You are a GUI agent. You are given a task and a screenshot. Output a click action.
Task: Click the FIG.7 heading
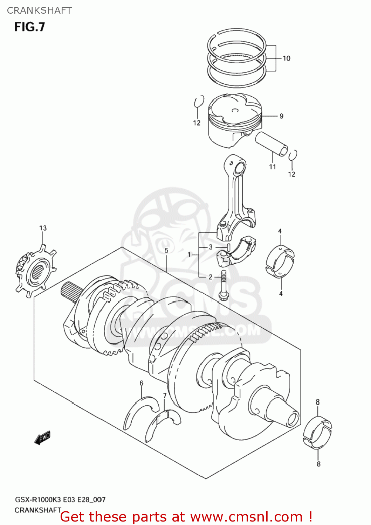pos(30,27)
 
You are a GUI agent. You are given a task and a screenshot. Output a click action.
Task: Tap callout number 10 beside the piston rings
pos(287,58)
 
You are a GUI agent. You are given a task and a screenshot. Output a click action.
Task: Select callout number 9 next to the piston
pos(281,116)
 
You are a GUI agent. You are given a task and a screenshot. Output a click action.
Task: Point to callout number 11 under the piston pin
pos(273,167)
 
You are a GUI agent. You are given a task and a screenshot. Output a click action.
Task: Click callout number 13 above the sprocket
pos(43,228)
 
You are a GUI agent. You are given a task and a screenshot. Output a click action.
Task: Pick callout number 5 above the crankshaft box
pos(166,250)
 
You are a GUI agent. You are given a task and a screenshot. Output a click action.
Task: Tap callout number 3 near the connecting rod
pos(211,247)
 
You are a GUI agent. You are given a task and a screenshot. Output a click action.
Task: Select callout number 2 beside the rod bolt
pos(211,277)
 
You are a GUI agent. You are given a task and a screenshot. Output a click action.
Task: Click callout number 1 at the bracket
pos(189,254)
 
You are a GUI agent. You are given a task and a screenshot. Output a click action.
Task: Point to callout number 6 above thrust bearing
pos(141,383)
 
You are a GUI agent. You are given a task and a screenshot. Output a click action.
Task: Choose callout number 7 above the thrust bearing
pos(165,395)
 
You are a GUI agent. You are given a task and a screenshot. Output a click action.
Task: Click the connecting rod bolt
pos(224,285)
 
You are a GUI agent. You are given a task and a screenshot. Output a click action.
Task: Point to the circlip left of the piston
pos(199,102)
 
